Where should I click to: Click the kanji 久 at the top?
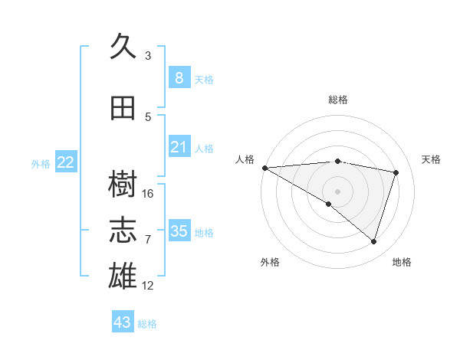tap(123, 47)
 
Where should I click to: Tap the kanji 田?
tap(123, 108)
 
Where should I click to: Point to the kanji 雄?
tap(123, 275)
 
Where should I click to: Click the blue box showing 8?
tap(179, 78)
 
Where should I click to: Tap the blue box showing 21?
tap(179, 147)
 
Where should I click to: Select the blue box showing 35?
tap(179, 231)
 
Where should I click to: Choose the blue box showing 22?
tap(66, 162)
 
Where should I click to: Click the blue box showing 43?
tap(123, 322)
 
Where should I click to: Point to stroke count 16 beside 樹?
tap(148, 194)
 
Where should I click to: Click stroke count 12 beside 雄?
tap(148, 286)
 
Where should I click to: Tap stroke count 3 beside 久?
tap(148, 55)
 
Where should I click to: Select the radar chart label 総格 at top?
tap(337, 100)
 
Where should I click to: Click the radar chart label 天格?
tap(431, 159)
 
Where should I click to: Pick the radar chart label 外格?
tap(270, 262)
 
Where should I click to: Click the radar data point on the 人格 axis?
tap(264, 168)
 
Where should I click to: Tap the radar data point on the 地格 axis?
tap(373, 242)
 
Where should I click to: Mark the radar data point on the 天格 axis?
tap(396, 172)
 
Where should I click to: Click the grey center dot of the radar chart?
tap(337, 191)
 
